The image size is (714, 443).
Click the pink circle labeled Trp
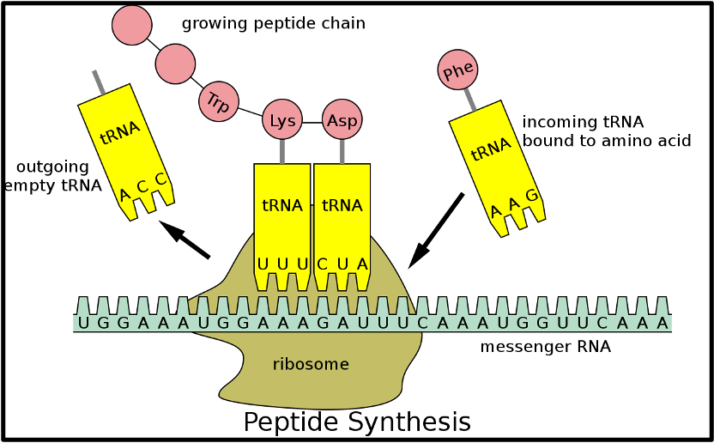point(219,102)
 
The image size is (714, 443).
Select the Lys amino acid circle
point(282,120)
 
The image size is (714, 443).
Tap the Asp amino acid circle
point(342,120)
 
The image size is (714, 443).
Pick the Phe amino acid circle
point(457,70)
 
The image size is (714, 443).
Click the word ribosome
point(311,364)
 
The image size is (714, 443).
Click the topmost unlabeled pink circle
point(132,25)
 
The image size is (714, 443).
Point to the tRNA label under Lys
point(282,205)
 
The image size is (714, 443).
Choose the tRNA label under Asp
point(342,205)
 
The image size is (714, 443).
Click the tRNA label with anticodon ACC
point(120,133)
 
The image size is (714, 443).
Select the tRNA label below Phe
point(491,149)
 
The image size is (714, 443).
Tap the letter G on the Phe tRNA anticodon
point(531,195)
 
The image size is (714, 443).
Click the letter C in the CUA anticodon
point(323,264)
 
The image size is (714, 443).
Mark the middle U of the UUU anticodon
point(282,264)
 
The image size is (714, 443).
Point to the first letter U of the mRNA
point(83,323)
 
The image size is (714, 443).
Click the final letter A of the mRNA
point(662,323)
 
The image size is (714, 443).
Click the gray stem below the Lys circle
point(282,151)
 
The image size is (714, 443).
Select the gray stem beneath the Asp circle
point(342,151)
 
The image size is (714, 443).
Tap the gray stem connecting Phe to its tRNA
point(470,99)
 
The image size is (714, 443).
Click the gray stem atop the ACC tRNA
point(99,82)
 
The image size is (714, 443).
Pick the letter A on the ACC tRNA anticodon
point(125,195)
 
